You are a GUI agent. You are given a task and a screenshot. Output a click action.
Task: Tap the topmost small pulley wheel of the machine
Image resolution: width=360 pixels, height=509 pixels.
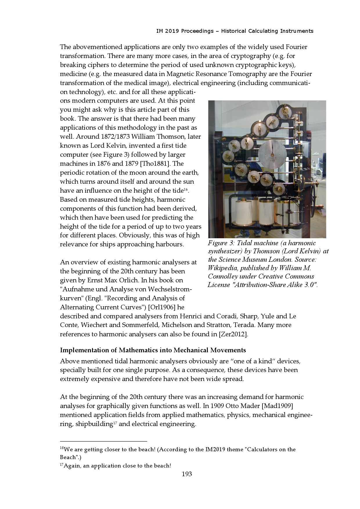coord(283,110)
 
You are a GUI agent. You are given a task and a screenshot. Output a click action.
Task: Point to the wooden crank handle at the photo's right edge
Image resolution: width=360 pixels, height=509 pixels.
coord(321,207)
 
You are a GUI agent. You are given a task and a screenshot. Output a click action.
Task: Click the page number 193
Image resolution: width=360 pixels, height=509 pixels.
coord(187,474)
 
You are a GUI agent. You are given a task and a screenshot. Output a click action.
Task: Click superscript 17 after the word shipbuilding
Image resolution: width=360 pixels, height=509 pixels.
coord(115,423)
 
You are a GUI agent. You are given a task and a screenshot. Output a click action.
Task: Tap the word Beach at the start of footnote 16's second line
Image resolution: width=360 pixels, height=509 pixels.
coord(68,457)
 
